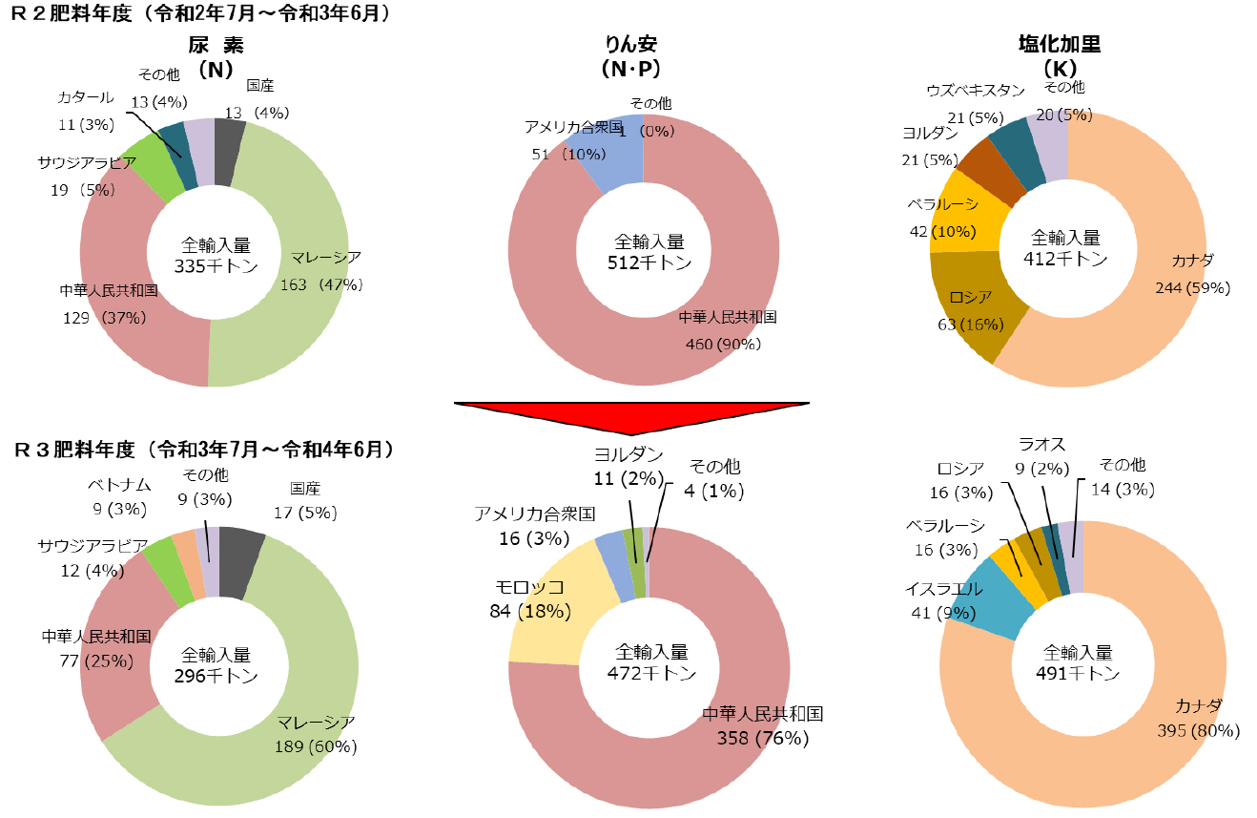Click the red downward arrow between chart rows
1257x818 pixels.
click(x=644, y=420)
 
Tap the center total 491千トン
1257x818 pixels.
click(x=1078, y=674)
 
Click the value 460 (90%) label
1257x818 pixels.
click(x=727, y=344)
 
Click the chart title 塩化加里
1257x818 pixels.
click(x=1059, y=45)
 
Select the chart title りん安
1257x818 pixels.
click(x=631, y=45)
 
